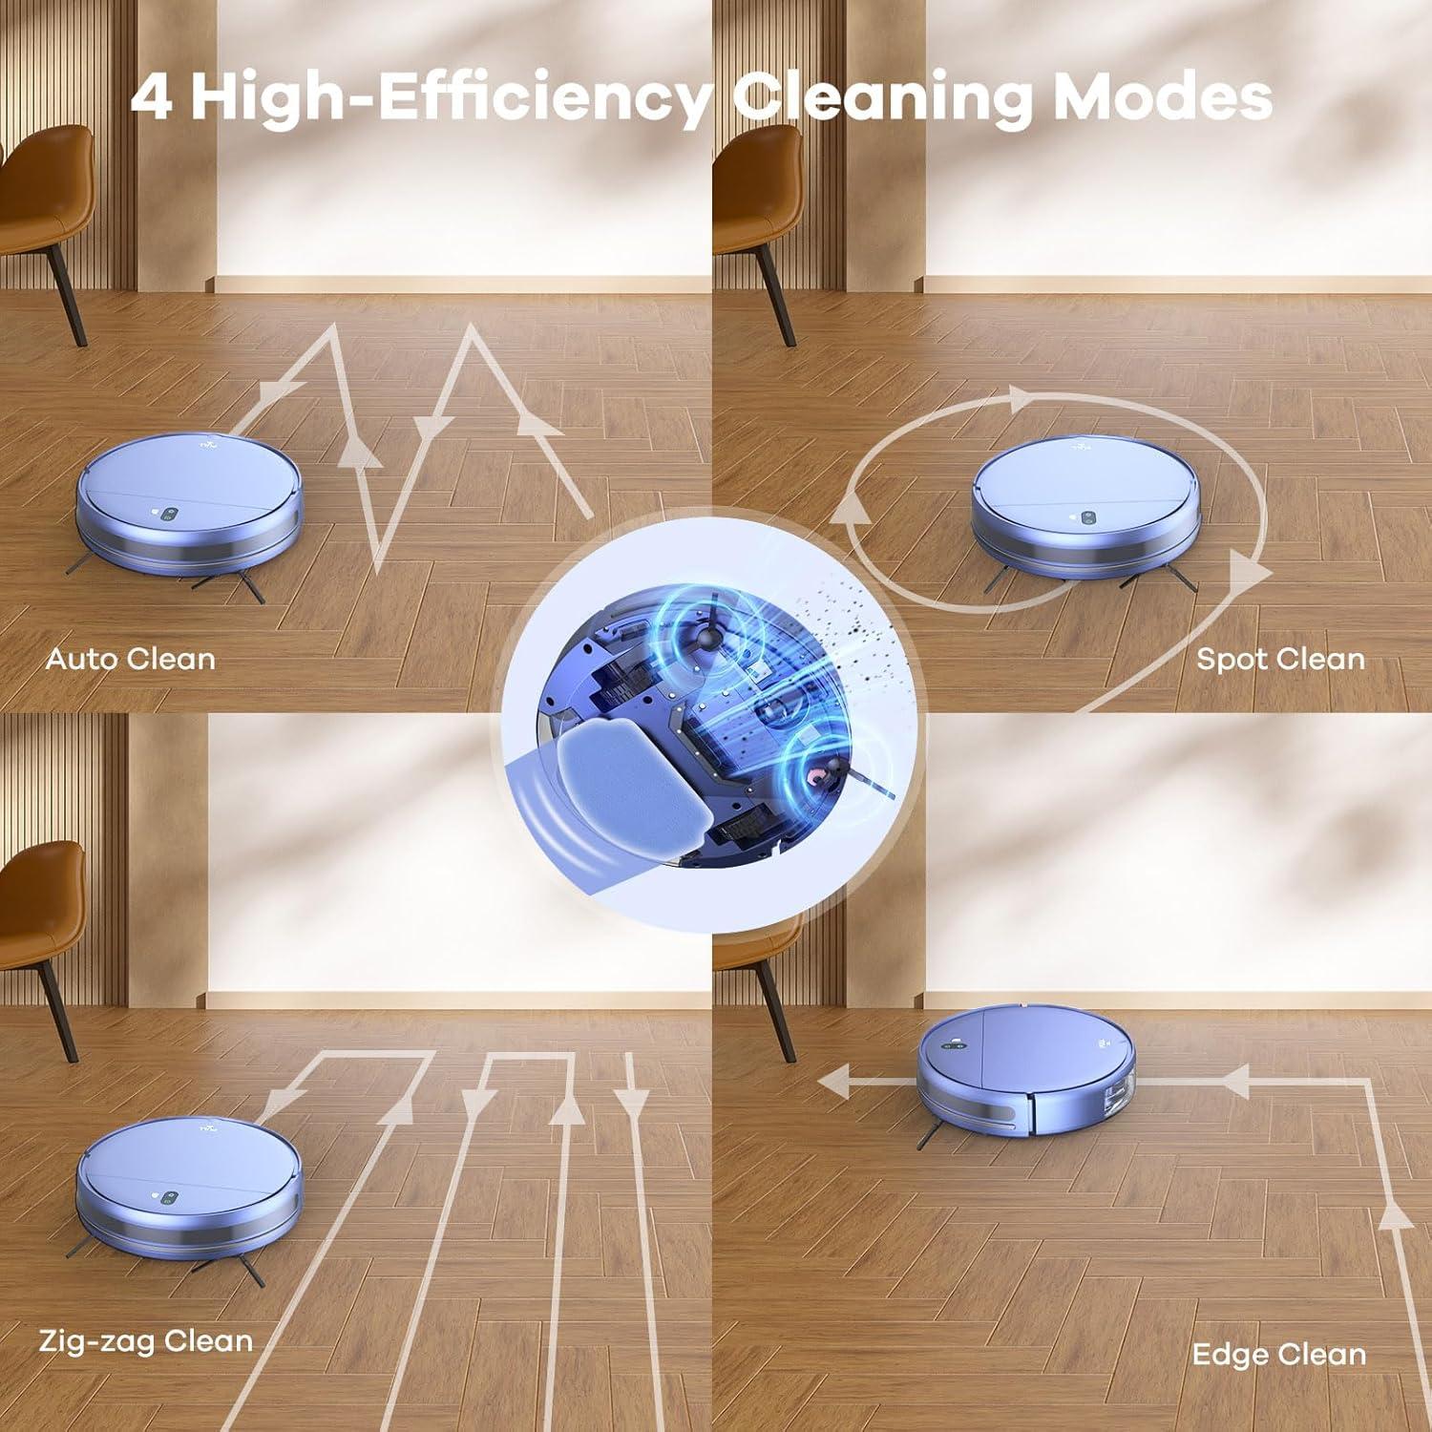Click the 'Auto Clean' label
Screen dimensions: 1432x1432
(x=131, y=660)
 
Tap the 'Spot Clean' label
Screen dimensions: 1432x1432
(x=1280, y=660)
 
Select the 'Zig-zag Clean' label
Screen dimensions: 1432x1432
(x=146, y=1340)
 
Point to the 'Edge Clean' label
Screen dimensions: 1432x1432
(x=1278, y=1354)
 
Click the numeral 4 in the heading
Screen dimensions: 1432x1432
(x=152, y=97)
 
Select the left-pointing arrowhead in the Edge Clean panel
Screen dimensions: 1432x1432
(x=840, y=1082)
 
